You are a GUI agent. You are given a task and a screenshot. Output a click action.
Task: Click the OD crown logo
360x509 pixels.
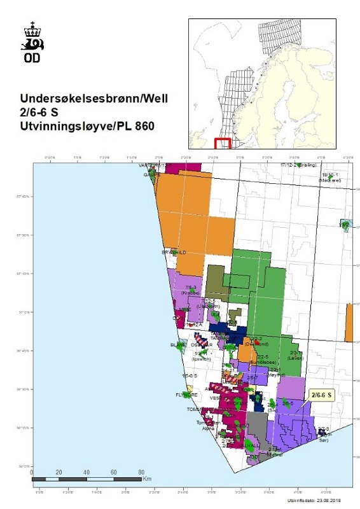point(32,42)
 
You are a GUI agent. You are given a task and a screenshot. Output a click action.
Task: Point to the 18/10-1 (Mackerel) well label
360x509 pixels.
point(331,177)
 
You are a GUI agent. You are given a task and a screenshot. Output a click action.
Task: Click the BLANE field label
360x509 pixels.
point(177,345)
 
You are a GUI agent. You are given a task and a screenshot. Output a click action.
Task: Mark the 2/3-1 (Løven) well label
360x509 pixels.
point(296,354)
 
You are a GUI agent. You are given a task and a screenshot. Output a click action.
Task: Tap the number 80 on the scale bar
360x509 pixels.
point(141,472)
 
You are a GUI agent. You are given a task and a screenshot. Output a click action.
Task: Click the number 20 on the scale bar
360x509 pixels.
point(59,472)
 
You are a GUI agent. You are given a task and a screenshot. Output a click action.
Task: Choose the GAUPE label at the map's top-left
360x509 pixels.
point(150,174)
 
